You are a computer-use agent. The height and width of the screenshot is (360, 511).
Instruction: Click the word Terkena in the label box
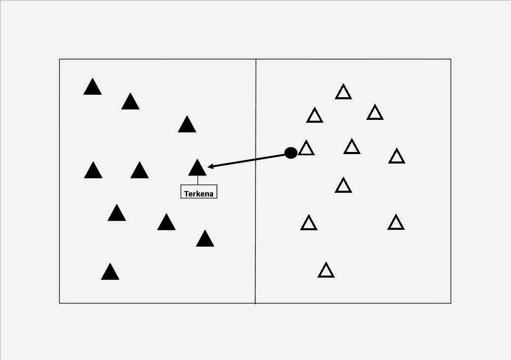[199, 194]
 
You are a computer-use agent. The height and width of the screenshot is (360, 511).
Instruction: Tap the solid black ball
[291, 153]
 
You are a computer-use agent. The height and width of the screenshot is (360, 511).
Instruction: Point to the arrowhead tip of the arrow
[209, 167]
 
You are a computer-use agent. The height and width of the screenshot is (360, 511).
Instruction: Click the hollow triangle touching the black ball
[306, 148]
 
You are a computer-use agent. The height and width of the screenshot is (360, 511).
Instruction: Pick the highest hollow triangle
[343, 93]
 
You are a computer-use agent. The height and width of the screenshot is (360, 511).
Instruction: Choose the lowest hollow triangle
[326, 271]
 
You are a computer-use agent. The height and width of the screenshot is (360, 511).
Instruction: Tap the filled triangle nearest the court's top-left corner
[92, 87]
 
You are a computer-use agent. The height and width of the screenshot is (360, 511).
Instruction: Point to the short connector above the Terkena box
[197, 180]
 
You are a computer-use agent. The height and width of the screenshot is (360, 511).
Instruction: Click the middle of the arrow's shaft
[247, 160]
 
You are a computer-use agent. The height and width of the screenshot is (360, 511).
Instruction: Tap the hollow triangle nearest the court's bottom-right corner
[396, 223]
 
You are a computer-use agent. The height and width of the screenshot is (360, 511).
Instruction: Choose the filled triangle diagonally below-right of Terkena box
[205, 239]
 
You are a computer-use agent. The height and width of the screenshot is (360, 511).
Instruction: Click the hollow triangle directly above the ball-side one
[315, 116]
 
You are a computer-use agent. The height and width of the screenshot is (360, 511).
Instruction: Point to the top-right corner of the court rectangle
[451, 59]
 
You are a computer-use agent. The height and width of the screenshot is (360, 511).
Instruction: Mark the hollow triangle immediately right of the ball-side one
[352, 147]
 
